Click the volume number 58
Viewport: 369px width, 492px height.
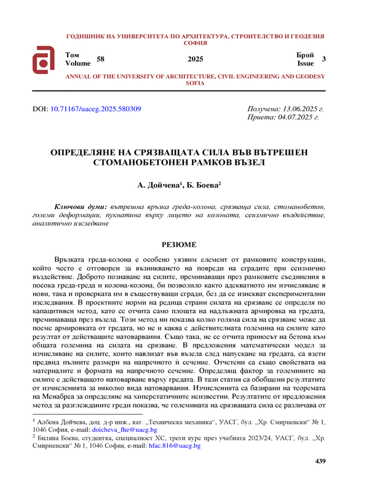101,58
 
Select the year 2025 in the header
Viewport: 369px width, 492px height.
195,58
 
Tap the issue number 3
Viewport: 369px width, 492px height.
323,58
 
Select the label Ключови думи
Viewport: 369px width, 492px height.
81,207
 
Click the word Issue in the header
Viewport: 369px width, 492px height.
306,63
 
